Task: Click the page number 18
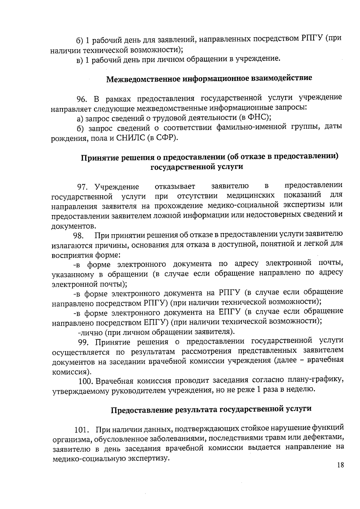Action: click(340, 465)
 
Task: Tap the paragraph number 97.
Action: click(83, 187)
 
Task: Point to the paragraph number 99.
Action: click(84, 342)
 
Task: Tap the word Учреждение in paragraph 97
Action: click(117, 187)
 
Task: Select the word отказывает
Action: click(175, 186)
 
